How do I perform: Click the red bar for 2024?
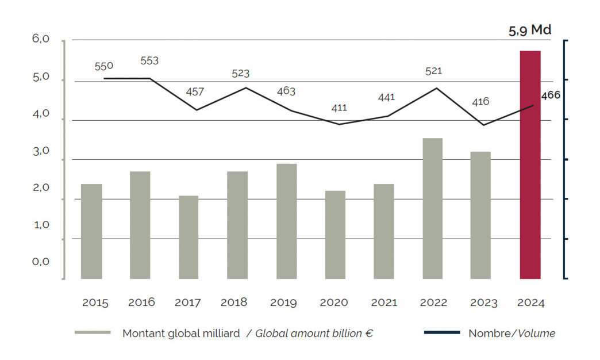pos(530,164)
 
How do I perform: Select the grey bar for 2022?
pos(432,208)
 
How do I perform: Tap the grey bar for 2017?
pos(189,237)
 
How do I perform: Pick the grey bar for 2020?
pos(335,235)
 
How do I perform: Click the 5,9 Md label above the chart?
pos(530,30)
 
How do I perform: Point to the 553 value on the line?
pos(149,60)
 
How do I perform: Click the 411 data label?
pos(339,108)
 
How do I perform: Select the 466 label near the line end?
pos(551,95)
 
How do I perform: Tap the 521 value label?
pos(433,71)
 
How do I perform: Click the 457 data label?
pos(195,91)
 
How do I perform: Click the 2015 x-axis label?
pos(95,302)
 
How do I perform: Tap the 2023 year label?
pos(483,302)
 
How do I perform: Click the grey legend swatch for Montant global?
pos(92,332)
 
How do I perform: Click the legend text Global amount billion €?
pos(314,333)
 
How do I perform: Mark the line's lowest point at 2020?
pos(339,124)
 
